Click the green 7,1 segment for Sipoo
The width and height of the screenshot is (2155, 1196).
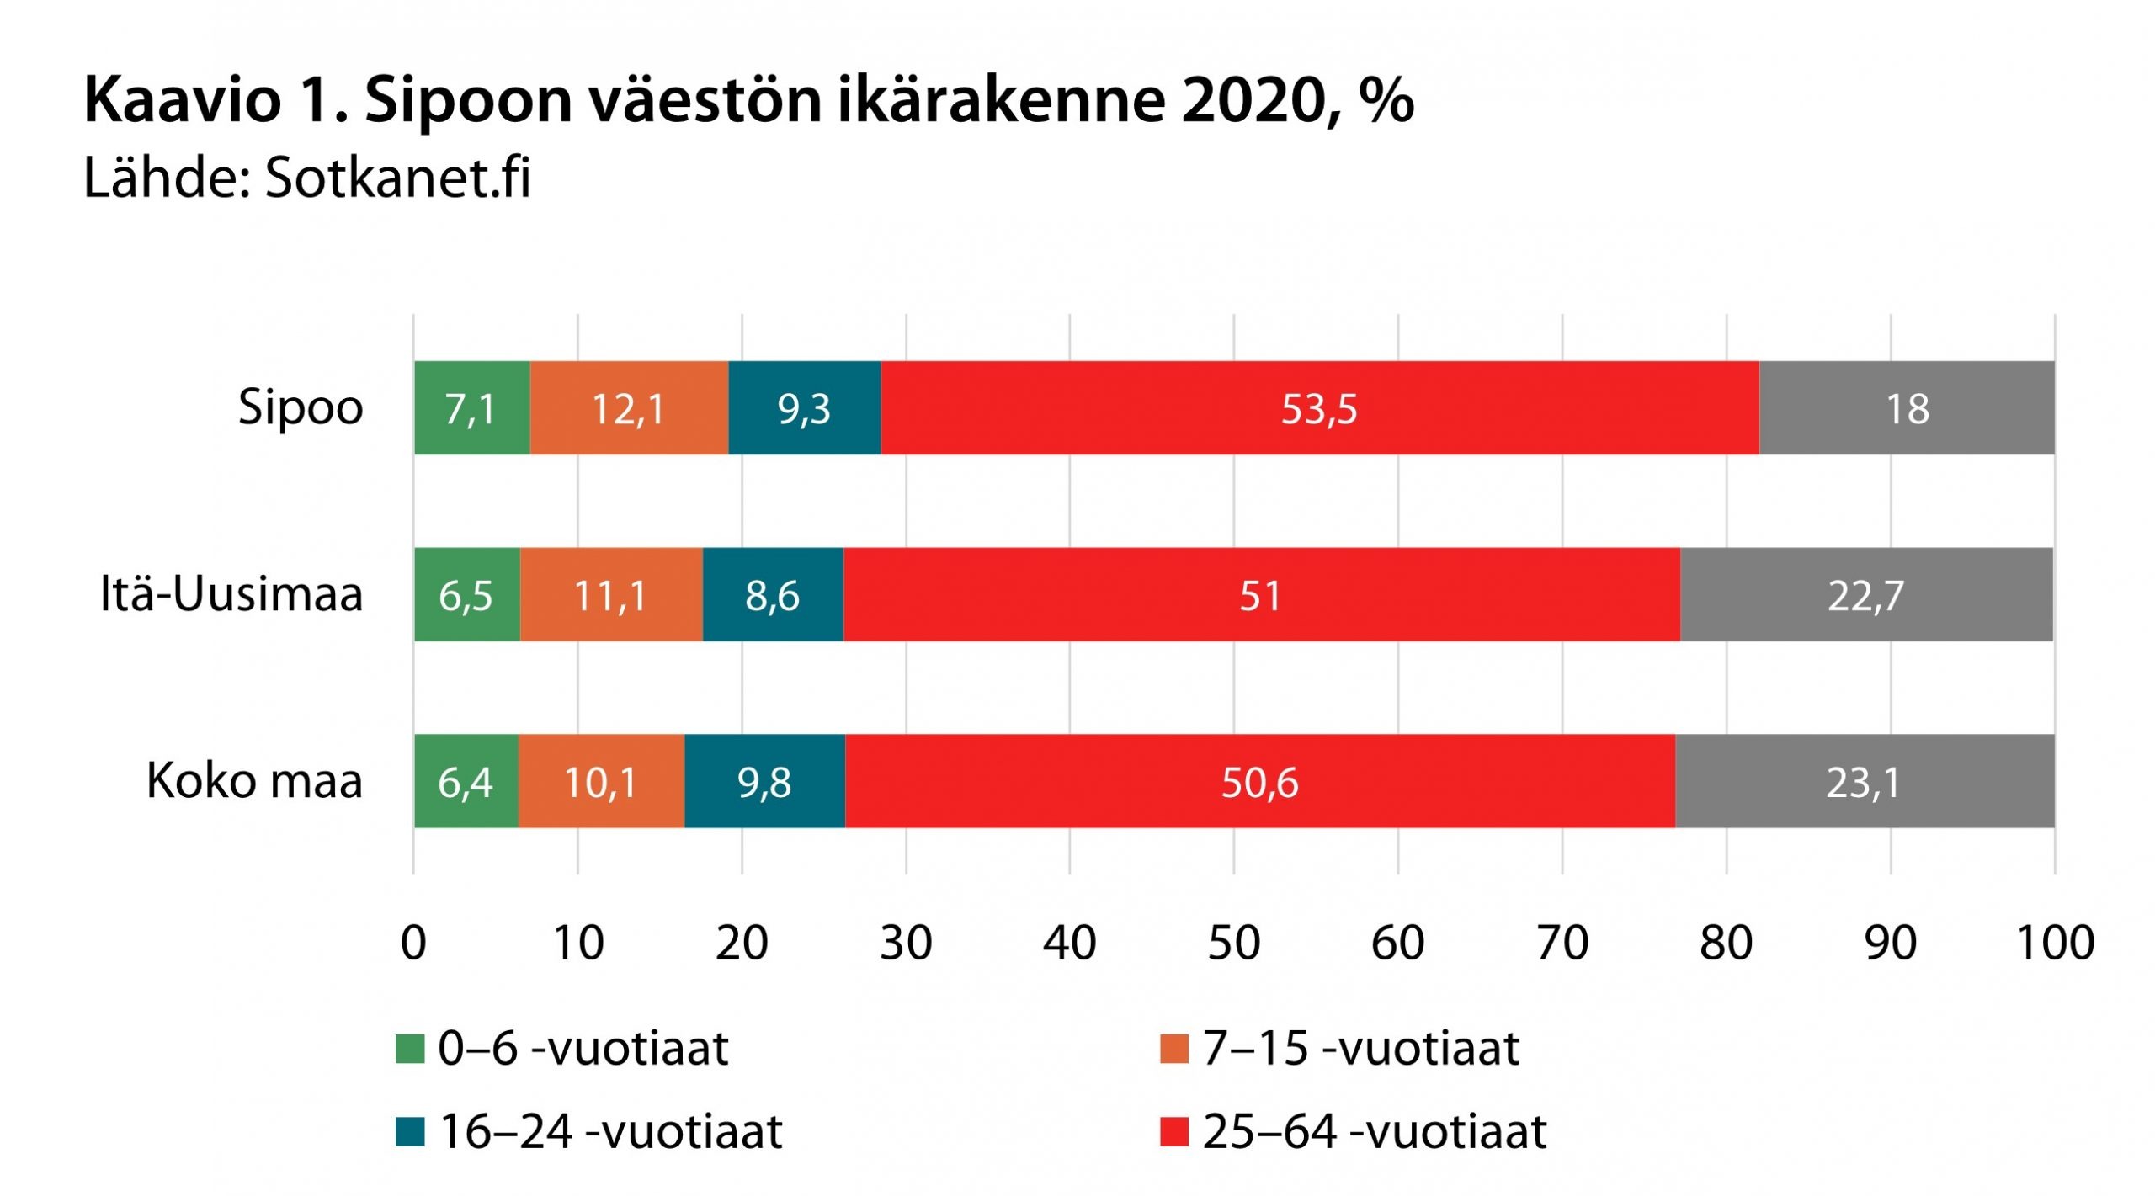[x=471, y=408]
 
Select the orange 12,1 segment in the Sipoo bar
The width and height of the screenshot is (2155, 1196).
[x=629, y=408]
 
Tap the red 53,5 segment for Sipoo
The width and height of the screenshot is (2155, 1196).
[x=1319, y=408]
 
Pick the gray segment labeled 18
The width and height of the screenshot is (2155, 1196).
[x=1907, y=408]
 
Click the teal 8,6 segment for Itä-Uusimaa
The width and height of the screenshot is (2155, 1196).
[x=772, y=595]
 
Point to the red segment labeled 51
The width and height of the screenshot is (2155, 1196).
[x=1260, y=595]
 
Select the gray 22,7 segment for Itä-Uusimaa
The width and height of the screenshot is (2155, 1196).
[x=1865, y=595]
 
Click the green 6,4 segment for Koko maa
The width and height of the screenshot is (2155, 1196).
[x=466, y=782]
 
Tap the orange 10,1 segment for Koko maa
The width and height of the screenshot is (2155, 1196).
[x=600, y=782]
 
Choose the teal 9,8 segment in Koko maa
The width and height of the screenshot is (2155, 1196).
[x=764, y=782]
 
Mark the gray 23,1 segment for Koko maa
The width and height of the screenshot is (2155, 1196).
[x=1864, y=782]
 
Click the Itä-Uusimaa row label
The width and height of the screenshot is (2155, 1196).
[x=231, y=594]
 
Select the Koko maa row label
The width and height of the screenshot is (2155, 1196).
[x=254, y=781]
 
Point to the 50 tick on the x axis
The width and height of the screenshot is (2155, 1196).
[x=1234, y=944]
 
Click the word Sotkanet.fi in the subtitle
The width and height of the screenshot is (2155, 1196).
[x=397, y=178]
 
